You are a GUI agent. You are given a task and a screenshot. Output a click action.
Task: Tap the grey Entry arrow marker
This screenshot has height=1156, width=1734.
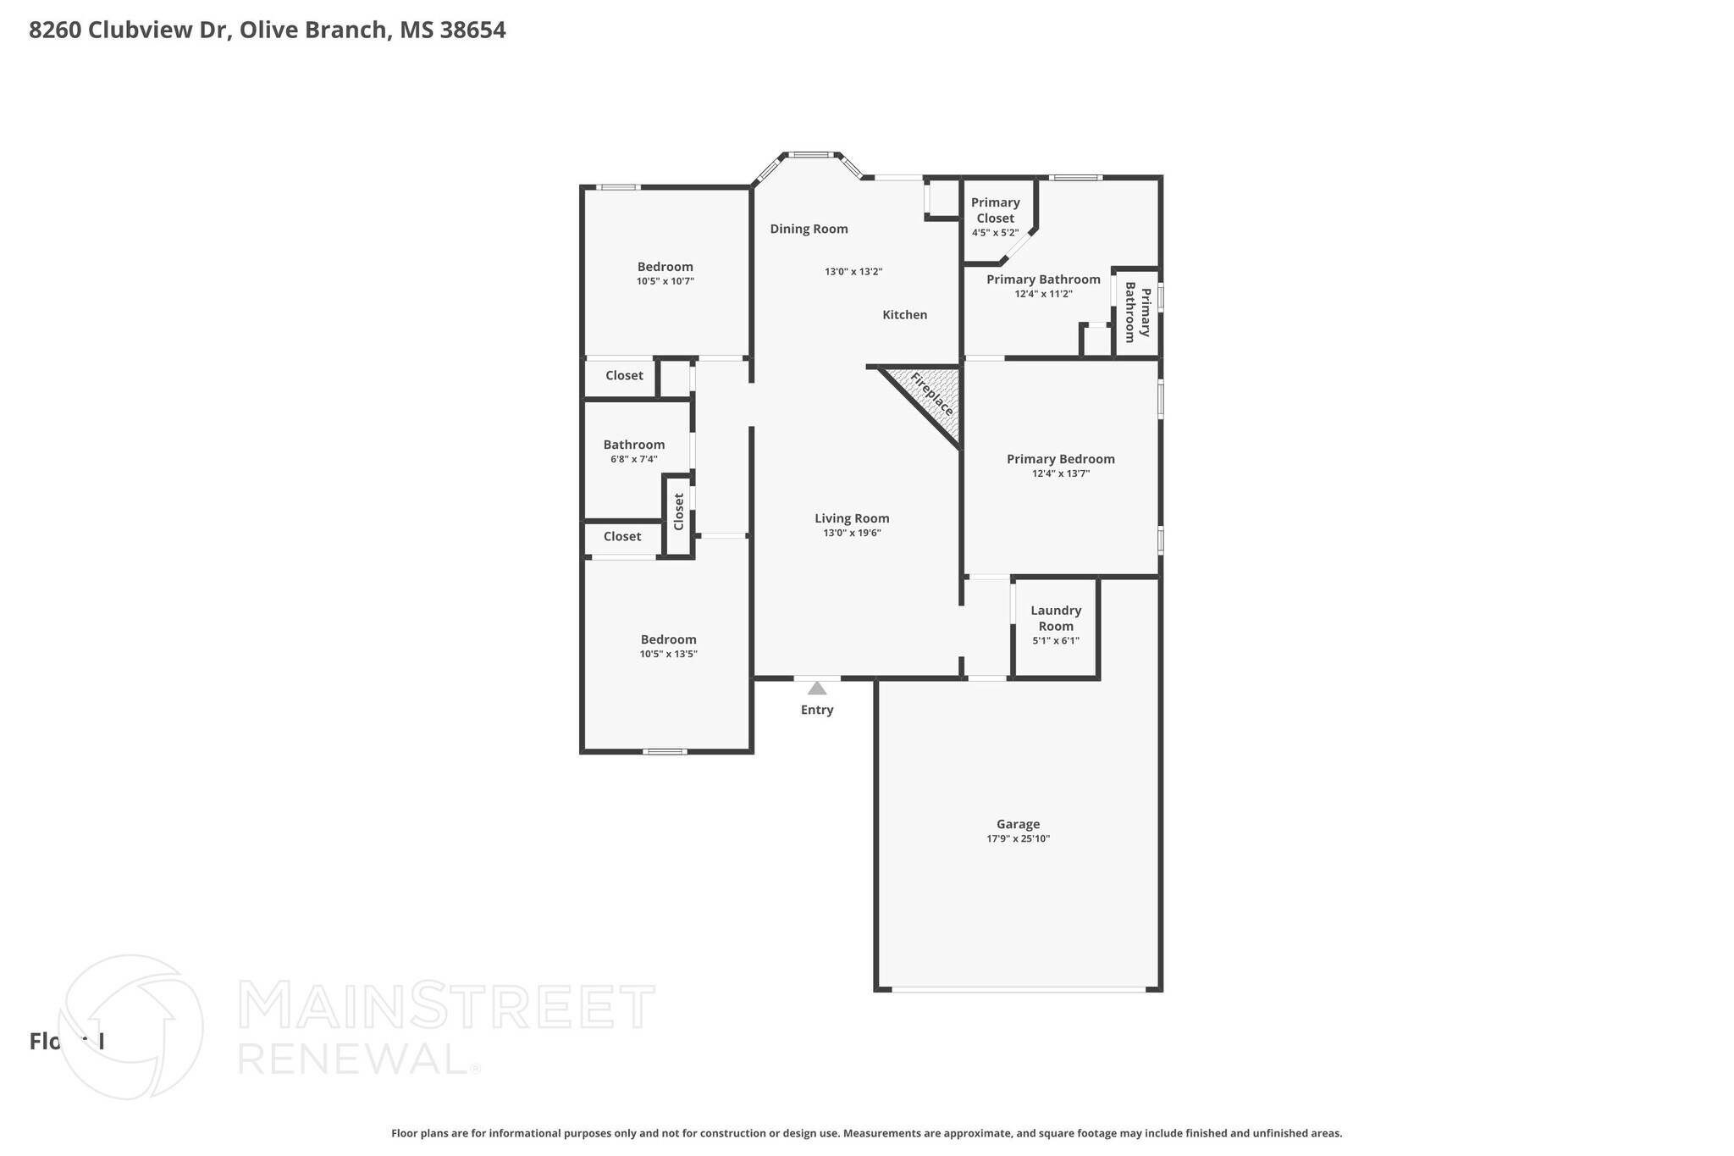pos(816,689)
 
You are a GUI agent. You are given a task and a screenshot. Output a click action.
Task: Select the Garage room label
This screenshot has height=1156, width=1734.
pos(1018,824)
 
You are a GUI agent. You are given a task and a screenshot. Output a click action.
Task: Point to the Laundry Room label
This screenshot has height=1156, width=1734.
pos(1056,618)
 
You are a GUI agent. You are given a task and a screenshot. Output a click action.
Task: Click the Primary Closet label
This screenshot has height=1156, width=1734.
pos(995,210)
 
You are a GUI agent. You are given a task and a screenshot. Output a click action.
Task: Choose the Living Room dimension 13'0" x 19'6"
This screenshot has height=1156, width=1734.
pos(852,534)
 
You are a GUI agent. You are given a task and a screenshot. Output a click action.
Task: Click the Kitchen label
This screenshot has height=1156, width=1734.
pos(904,315)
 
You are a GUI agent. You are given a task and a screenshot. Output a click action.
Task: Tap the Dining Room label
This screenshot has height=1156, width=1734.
pos(809,229)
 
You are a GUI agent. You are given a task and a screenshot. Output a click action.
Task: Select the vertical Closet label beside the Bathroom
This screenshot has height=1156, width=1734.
pos(678,512)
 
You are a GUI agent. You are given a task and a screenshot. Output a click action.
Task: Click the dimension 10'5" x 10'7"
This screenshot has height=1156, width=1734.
pos(665,281)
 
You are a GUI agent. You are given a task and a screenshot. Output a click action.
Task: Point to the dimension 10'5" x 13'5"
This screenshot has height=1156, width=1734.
pos(668,654)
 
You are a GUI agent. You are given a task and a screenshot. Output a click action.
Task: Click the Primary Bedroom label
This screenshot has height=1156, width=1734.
pos(1060,459)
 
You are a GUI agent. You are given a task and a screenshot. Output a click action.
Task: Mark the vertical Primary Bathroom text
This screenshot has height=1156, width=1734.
pos(1137,313)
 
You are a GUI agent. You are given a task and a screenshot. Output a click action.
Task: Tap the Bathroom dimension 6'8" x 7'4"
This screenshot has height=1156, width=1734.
pos(633,459)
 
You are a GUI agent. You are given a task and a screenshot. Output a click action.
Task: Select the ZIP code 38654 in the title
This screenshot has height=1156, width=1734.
pos(472,30)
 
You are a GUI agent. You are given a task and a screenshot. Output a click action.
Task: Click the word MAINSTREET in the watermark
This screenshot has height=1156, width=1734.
pos(446,1007)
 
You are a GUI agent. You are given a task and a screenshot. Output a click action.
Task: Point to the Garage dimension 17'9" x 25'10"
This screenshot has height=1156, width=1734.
pos(1018,838)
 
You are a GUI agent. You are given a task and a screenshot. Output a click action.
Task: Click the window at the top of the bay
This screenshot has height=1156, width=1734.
pos(810,155)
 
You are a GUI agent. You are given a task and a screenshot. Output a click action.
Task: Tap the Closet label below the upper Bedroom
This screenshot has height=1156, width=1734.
pos(624,376)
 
